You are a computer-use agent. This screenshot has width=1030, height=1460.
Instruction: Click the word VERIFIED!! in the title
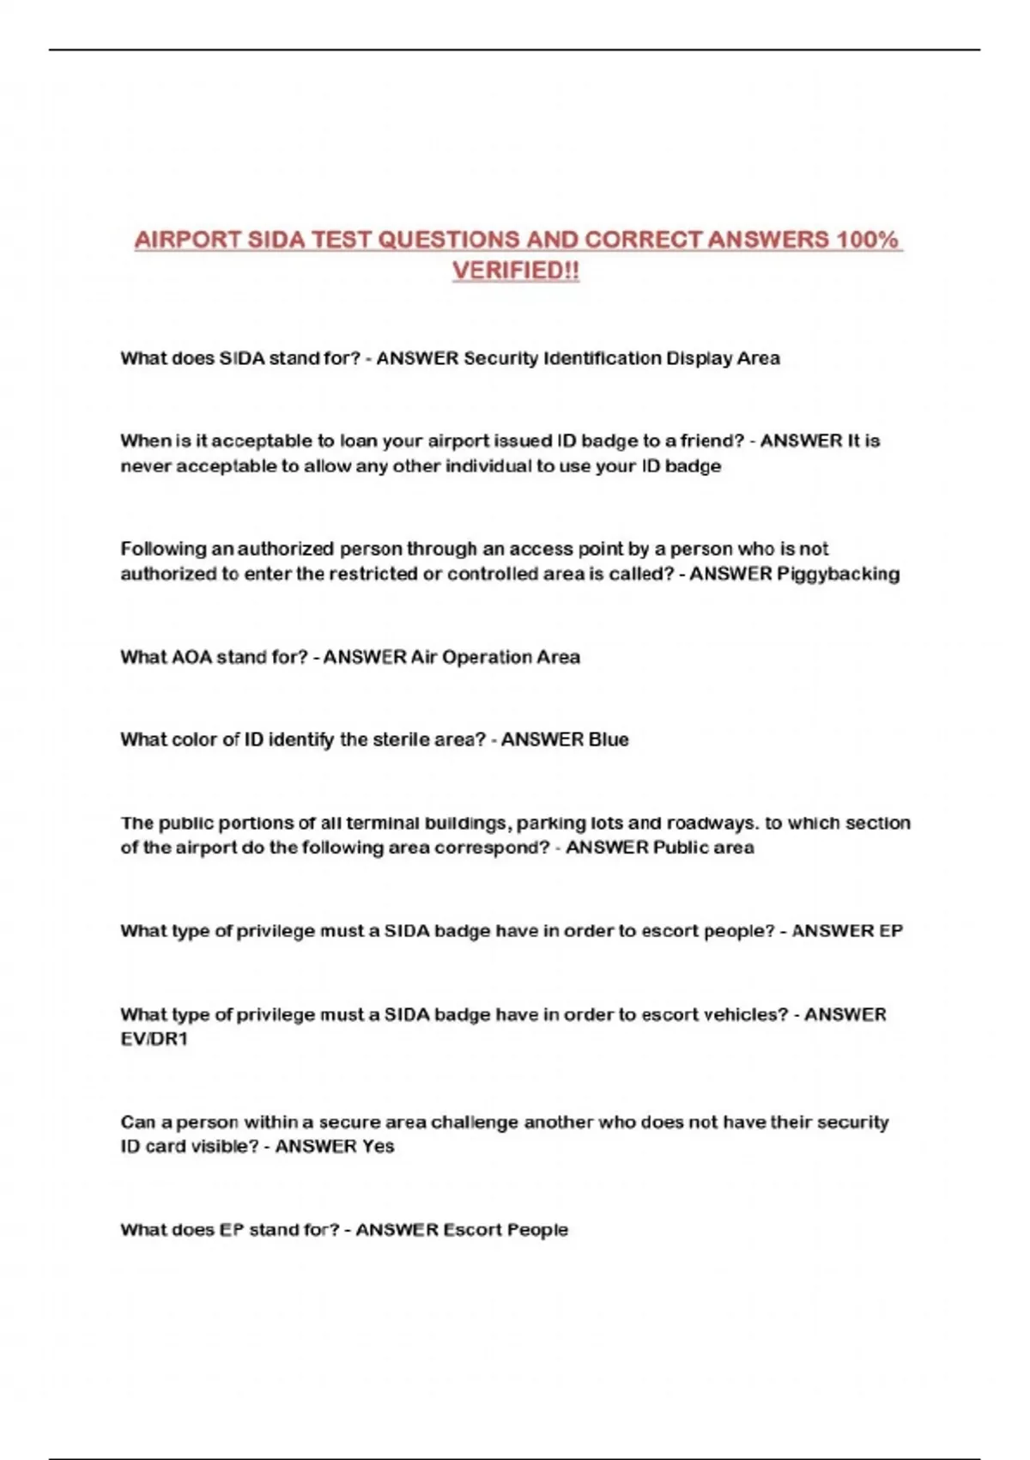(x=516, y=271)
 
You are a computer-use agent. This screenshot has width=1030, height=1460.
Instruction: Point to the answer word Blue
(x=609, y=739)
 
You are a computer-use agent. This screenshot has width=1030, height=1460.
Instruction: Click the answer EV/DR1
(x=154, y=1038)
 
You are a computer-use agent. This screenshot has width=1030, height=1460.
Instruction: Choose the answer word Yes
(x=379, y=1146)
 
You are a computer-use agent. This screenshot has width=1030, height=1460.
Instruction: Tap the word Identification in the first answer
(x=601, y=358)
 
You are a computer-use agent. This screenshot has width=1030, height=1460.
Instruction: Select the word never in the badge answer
(x=145, y=466)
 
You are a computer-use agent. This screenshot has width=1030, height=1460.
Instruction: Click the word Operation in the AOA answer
(x=486, y=657)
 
